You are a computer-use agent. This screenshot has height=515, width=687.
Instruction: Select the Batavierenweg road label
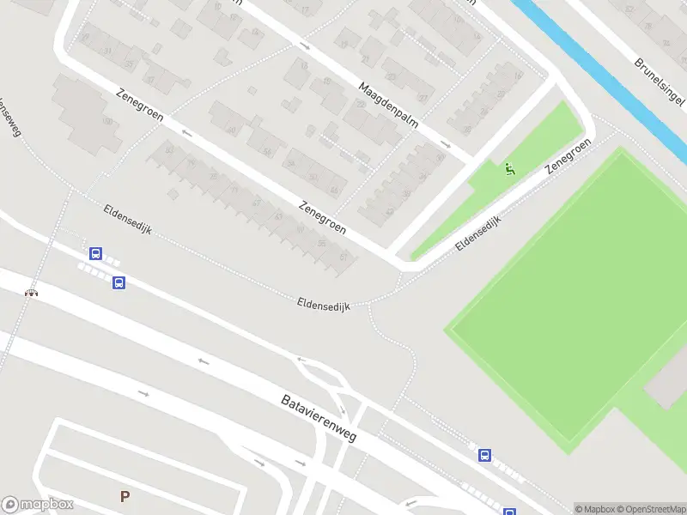[319, 418]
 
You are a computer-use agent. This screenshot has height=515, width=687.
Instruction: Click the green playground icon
[510, 169]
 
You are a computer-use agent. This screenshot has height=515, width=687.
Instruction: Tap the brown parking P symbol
[125, 496]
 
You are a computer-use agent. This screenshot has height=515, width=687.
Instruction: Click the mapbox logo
[38, 505]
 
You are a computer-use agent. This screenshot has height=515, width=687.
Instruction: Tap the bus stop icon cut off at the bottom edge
[510, 512]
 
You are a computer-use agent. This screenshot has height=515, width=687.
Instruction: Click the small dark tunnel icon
[32, 293]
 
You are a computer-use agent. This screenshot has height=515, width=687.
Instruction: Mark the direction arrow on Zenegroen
[187, 133]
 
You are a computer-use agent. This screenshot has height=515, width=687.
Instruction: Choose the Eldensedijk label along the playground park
[478, 232]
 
